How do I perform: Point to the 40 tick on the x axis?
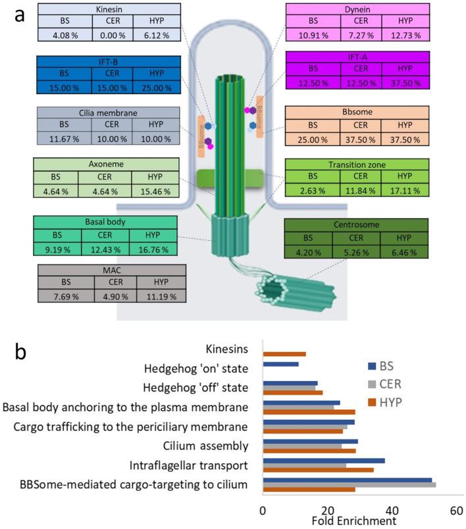point(392,509)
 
